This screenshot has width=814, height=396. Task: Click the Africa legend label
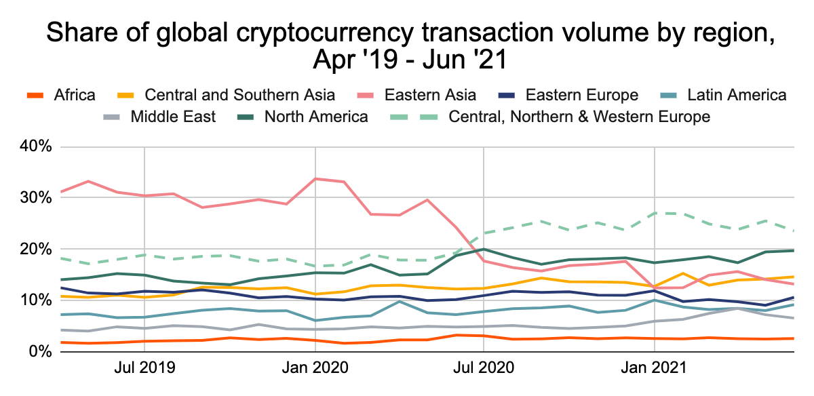tap(75, 95)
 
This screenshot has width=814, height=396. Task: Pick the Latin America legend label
tap(737, 95)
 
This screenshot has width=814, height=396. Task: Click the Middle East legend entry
tap(173, 117)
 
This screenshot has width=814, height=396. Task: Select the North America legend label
tap(316, 117)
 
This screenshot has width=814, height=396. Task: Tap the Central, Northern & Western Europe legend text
tap(580, 117)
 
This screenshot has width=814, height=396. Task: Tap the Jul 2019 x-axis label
tap(144, 368)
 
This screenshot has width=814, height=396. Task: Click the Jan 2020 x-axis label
tap(315, 368)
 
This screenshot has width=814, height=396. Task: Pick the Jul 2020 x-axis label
tap(483, 368)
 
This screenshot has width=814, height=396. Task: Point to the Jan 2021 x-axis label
tap(654, 368)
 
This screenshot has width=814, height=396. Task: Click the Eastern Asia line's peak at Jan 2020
tap(316, 178)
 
